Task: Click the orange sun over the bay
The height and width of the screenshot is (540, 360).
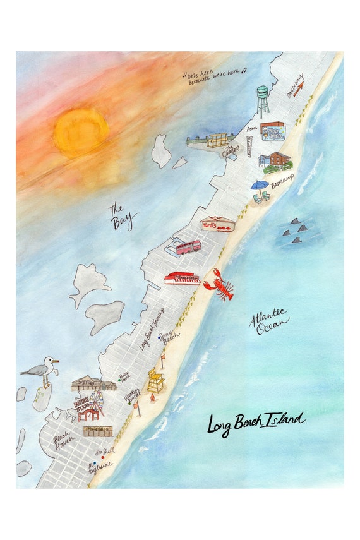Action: pos(81,132)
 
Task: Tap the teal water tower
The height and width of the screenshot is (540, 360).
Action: pos(263,100)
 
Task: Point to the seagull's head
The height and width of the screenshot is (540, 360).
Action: pos(49,361)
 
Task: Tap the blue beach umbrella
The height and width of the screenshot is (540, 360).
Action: pos(259,186)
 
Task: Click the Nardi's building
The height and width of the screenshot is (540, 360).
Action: pos(217,225)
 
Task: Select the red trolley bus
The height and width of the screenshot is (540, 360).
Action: pos(188,247)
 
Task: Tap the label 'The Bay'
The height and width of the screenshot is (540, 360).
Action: pos(122,215)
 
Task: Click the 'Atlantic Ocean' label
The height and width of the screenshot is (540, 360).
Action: pos(270,322)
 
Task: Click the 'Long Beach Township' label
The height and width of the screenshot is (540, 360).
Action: pos(152,328)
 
